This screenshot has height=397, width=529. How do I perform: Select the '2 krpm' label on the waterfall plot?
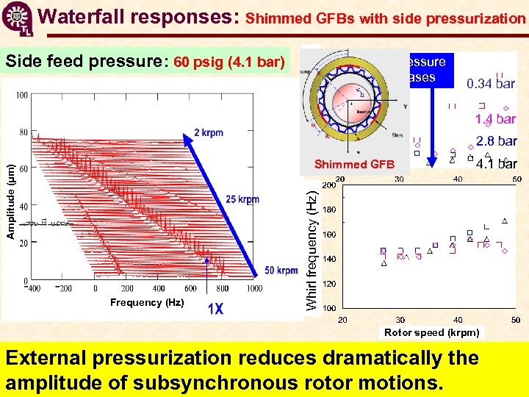click(209, 132)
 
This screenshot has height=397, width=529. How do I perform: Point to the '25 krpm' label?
click(242, 200)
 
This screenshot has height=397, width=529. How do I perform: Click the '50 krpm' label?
click(281, 271)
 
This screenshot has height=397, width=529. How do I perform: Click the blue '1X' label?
click(215, 310)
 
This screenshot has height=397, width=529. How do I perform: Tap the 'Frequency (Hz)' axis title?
click(146, 302)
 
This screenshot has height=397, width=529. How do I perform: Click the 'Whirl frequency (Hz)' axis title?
click(312, 250)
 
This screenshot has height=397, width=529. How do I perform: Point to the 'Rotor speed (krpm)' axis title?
click(431, 332)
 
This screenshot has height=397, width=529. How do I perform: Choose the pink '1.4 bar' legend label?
click(495, 118)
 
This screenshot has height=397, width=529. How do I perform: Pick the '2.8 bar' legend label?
click(496, 141)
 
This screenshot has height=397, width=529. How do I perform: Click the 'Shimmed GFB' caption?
click(354, 164)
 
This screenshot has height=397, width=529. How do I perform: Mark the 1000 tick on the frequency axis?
click(253, 288)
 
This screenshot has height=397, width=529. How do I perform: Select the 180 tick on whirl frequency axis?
click(329, 210)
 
